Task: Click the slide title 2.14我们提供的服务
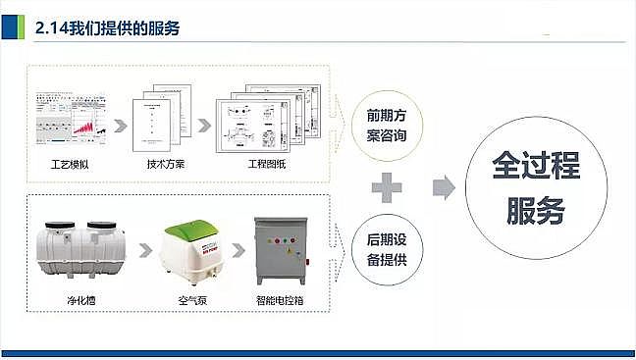[106, 27]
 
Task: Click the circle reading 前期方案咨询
[386, 125]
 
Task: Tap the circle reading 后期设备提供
[386, 251]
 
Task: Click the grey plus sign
[388, 187]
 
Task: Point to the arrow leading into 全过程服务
[445, 187]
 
